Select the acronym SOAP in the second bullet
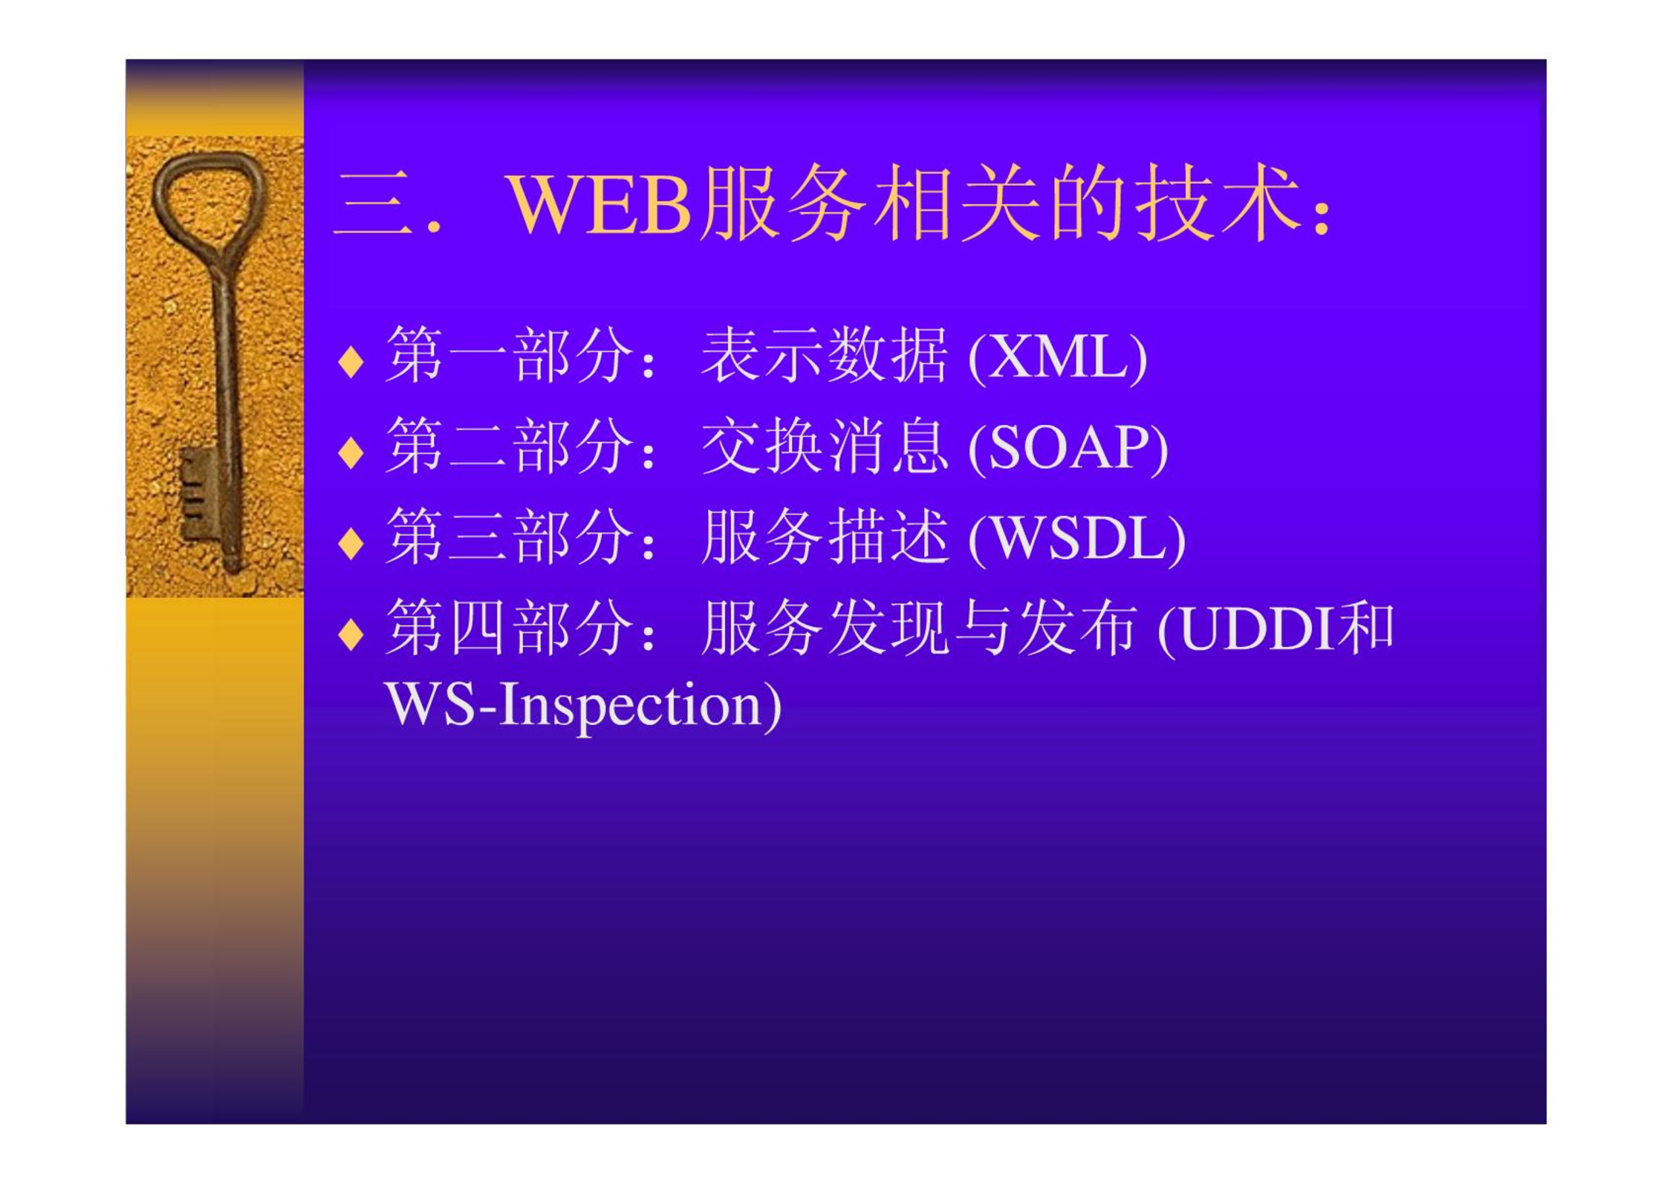tap(1068, 448)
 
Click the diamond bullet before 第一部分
tap(351, 362)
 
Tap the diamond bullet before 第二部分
tap(351, 452)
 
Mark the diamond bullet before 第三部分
tap(351, 543)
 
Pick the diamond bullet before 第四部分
tap(351, 634)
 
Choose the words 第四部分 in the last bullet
tap(510, 628)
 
